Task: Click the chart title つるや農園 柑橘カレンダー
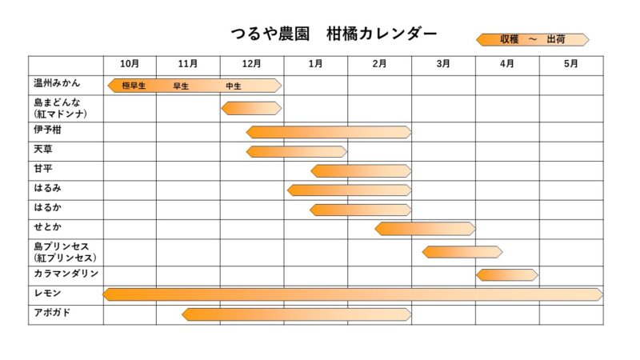[334, 34]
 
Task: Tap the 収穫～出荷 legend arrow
[532, 39]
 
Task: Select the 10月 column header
[130, 64]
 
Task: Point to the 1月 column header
[315, 64]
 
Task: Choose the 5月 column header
[570, 64]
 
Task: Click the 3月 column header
[443, 64]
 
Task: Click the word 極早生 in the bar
[134, 86]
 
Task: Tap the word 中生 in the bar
[234, 86]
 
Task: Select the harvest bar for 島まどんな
[251, 108]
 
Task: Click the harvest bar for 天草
[296, 151]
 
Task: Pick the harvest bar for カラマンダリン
[507, 274]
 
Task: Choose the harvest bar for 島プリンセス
[462, 252]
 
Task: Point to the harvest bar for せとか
[425, 229]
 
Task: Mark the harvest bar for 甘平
[361, 170]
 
